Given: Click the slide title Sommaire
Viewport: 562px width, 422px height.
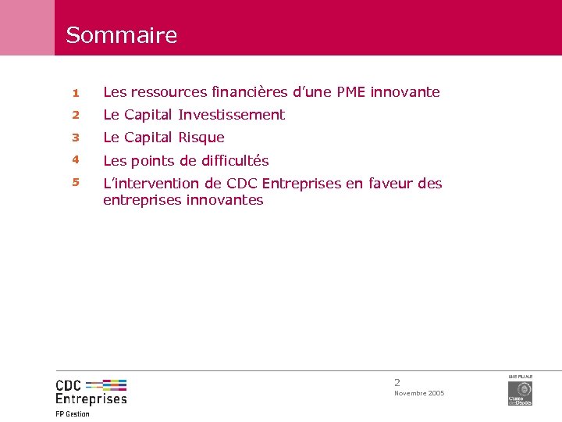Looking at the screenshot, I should coord(121,35).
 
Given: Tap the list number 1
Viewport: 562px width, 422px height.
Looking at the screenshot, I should coord(76,92).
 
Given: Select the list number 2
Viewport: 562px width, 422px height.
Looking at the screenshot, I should coord(76,115).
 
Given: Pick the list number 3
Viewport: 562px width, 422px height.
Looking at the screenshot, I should coord(76,138).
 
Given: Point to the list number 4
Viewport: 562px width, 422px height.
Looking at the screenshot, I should coord(76,160).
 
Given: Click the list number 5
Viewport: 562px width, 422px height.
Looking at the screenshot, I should coord(76,183).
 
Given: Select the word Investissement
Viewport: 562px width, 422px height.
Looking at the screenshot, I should coord(231,115).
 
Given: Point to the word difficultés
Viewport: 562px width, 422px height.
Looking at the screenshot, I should coord(231,161).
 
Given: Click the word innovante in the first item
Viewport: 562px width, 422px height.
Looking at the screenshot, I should coord(405,92).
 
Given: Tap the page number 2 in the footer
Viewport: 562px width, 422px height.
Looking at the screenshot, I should coord(397,383).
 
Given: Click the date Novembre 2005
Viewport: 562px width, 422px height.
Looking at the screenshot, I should coord(419,393).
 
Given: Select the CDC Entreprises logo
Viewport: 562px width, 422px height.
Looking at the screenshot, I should coord(91,391).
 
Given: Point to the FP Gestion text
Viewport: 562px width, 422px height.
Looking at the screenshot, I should coord(73,414).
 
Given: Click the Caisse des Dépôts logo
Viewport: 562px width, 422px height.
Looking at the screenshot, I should coord(520,392).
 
